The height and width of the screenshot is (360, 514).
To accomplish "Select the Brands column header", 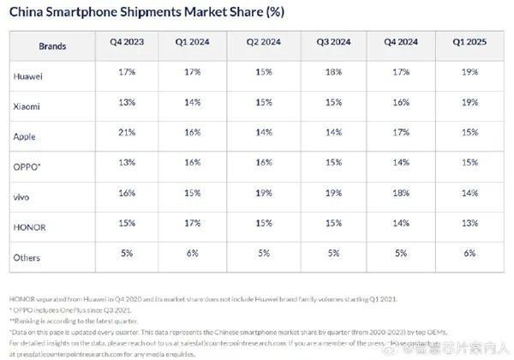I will pyautogui.click(x=52, y=44).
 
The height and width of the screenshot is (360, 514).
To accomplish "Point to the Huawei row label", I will pyautogui.click(x=29, y=75).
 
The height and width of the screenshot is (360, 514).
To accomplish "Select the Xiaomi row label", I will pyautogui.click(x=27, y=105).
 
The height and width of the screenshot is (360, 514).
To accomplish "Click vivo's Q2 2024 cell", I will pyautogui.click(x=264, y=195).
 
